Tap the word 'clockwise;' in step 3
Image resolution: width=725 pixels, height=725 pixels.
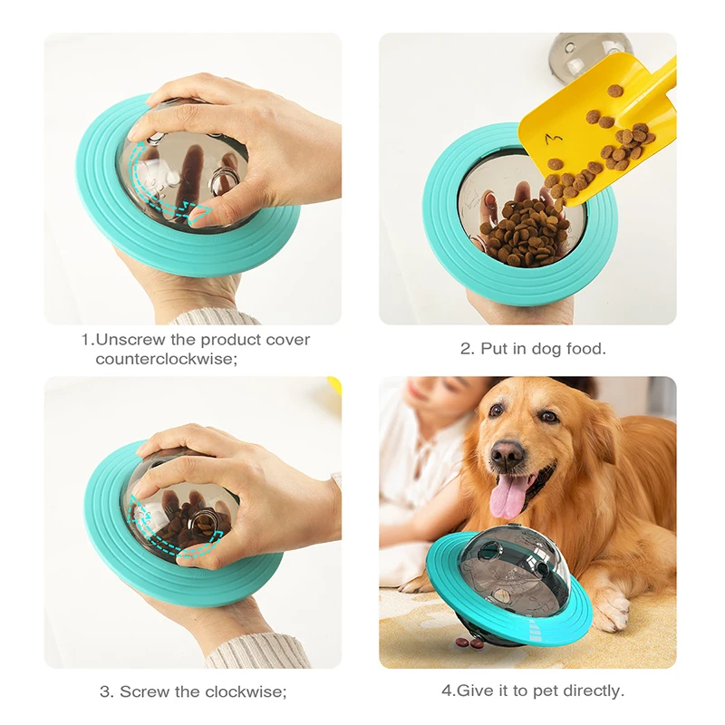click(245, 691)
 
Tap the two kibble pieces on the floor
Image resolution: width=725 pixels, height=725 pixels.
click(469, 643)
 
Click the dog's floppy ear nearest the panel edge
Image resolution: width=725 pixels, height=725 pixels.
click(634, 453)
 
